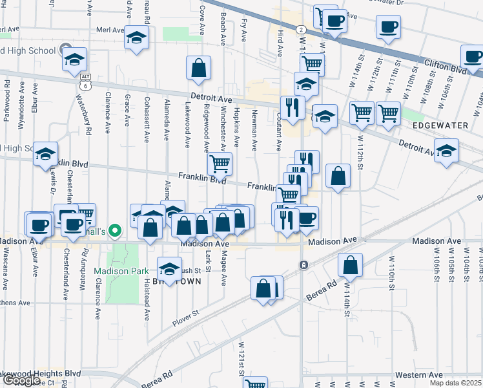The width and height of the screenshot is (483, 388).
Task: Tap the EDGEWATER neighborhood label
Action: [438, 124]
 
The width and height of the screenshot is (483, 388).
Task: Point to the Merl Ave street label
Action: [109, 30]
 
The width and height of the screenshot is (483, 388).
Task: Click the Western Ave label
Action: [419, 375]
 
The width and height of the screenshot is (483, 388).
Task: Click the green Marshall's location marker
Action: [115, 230]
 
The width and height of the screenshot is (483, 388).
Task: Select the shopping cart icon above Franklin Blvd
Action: [220, 163]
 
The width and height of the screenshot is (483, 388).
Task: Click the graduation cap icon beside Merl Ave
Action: [136, 38]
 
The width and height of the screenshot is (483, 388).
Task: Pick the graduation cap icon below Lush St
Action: [169, 268]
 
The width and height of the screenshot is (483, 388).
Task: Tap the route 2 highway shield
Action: [301, 30]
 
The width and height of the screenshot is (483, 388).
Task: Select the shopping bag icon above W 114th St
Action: [349, 264]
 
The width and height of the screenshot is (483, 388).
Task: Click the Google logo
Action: [21, 380]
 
